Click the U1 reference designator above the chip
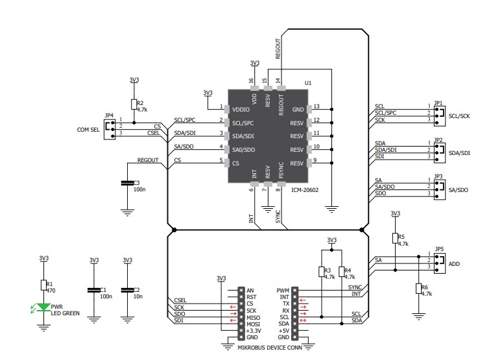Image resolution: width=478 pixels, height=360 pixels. coord(307,83)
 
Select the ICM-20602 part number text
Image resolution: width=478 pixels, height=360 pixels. coord(304,190)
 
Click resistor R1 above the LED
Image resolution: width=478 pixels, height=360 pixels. coord(44,285)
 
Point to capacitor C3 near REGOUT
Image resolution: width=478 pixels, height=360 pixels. coord(127,184)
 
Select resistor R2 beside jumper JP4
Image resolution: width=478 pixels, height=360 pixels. coord(134,104)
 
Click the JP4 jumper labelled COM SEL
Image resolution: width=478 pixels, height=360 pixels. coord(108,127)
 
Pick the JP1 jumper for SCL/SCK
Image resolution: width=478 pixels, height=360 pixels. coord(440,114)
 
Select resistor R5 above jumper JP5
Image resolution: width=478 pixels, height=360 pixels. coord(395,238)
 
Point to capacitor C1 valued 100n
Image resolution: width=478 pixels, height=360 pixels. coord(94,290)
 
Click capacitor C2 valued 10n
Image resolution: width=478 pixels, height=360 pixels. coord(127,290)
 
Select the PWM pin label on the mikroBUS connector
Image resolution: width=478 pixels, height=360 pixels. coord(283,291)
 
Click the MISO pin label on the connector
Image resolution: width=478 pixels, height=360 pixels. coord(253,317)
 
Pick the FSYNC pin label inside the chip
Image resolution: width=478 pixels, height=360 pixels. coord(281,170)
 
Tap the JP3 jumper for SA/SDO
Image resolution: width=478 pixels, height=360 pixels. coord(440,187)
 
